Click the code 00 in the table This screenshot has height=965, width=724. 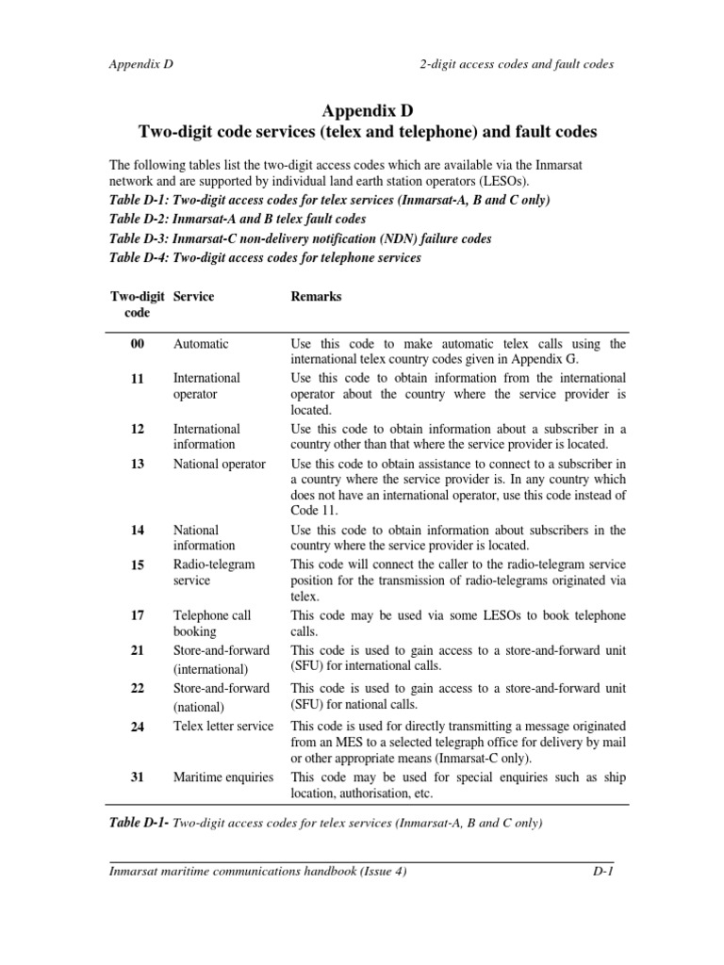(x=138, y=345)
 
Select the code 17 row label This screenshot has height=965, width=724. (x=138, y=615)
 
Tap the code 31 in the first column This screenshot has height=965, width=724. (x=138, y=777)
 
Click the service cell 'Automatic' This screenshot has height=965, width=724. (x=201, y=345)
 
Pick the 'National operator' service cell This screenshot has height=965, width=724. (x=220, y=464)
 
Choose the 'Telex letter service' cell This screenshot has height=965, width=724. (x=223, y=726)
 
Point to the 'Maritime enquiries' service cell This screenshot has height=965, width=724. (x=223, y=777)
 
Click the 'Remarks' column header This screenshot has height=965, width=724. (x=317, y=297)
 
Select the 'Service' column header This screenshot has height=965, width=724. (x=193, y=297)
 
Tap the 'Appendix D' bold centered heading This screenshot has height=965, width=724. (x=362, y=110)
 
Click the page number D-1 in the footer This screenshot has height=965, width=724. (x=596, y=872)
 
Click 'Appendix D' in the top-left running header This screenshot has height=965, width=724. (x=141, y=64)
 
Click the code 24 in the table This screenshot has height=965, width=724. (x=138, y=726)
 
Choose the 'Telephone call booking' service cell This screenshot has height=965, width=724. (x=212, y=623)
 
